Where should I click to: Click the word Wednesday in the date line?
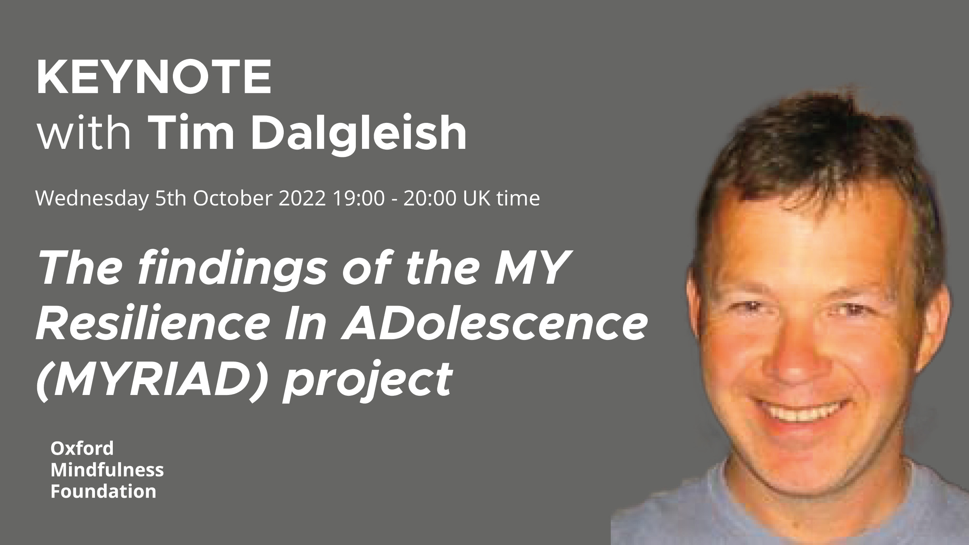[x=92, y=199]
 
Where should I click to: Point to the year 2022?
[x=302, y=198]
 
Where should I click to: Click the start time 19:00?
[x=359, y=198]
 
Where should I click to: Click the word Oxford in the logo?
[x=82, y=448]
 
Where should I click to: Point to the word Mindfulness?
[x=107, y=470]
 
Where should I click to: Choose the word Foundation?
[x=103, y=492]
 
